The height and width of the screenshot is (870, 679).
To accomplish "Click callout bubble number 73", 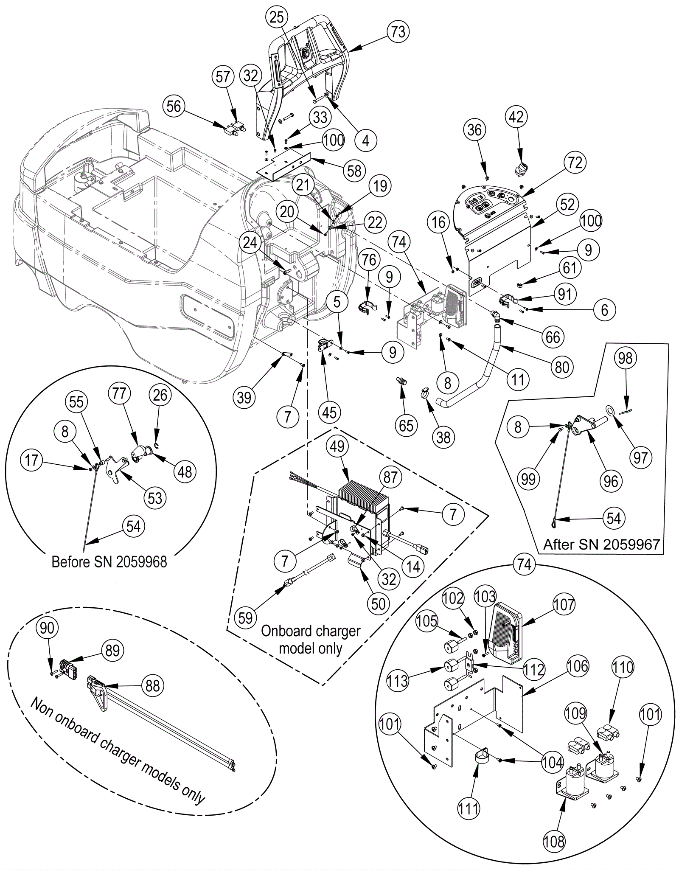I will tap(398, 31).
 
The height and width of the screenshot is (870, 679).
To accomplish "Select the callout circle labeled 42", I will tap(516, 117).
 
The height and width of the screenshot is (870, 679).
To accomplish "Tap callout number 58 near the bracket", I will tap(354, 171).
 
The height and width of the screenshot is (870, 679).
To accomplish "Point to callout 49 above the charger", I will tap(337, 446).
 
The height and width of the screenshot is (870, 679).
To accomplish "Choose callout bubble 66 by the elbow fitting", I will tap(553, 337).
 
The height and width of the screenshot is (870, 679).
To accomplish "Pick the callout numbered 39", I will tap(244, 397).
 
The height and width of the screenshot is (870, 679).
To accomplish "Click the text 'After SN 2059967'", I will tap(601, 544).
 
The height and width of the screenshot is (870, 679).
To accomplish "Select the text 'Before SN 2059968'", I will tap(109, 562).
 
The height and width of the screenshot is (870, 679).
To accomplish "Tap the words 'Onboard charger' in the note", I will tap(311, 631).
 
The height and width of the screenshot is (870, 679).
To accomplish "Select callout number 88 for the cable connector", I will tap(153, 685).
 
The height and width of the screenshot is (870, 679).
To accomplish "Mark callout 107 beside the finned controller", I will tap(564, 604).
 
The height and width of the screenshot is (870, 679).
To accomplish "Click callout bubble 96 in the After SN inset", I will tap(611, 481).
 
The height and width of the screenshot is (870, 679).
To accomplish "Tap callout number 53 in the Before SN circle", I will tap(155, 498).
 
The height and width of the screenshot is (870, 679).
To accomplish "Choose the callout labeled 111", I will tap(468, 809).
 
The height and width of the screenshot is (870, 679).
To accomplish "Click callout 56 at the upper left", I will tap(174, 106).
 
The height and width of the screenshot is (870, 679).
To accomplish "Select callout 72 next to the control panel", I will tap(575, 163).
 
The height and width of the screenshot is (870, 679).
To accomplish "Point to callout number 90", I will tap(47, 628).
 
